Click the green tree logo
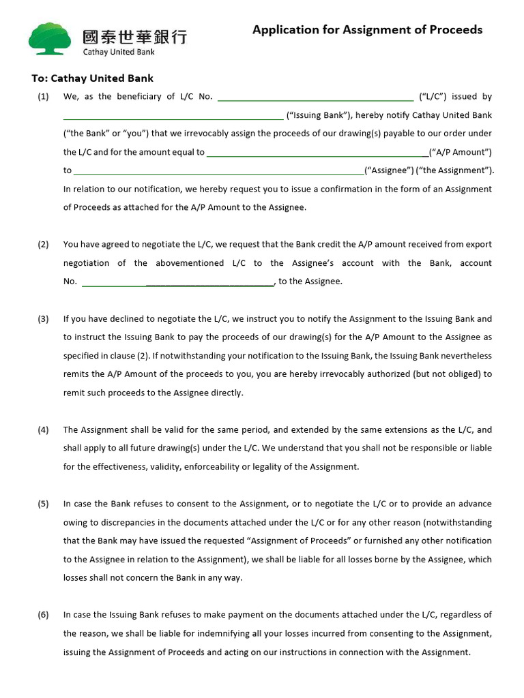pyautogui.click(x=49, y=38)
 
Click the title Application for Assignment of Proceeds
pyautogui.click(x=367, y=30)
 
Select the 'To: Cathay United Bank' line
pyautogui.click(x=92, y=78)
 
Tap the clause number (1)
pyautogui.click(x=43, y=97)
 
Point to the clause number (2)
pyautogui.click(x=43, y=245)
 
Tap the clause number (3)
pyautogui.click(x=43, y=319)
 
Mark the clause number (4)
pyautogui.click(x=43, y=430)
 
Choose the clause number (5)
pyautogui.click(x=43, y=504)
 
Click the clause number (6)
pyautogui.click(x=43, y=615)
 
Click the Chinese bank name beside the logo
pyautogui.click(x=134, y=36)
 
